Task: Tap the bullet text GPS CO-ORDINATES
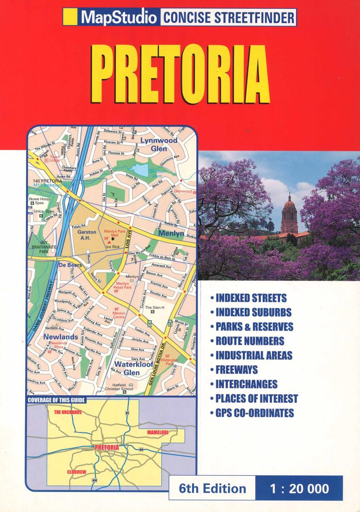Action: (254, 413)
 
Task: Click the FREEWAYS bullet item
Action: (236, 370)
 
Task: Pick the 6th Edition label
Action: (212, 488)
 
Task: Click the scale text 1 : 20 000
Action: (299, 488)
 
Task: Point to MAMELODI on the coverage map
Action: (160, 432)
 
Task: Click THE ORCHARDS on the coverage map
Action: (67, 412)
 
